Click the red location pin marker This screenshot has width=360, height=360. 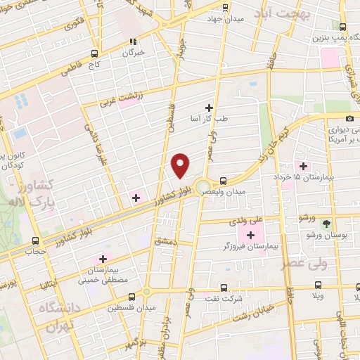coord(181,165)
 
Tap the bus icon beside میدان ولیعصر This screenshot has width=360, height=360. coord(224,180)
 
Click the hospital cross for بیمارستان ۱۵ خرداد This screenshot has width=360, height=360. coord(303,167)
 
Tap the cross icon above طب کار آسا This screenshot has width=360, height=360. coord(208,108)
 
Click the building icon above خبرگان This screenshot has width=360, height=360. coord(134,41)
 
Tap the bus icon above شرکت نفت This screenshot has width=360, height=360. coord(224,287)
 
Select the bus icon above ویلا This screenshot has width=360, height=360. coord(319,285)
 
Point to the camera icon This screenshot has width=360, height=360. coord(350,118)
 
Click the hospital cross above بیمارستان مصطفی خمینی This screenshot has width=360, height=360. coord(103,259)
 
